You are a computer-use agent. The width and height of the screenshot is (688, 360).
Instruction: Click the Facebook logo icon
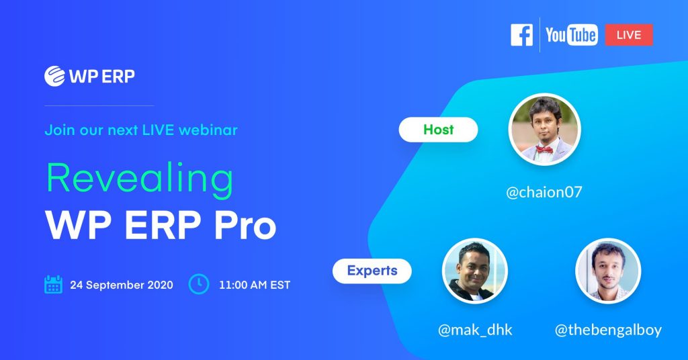(x=521, y=35)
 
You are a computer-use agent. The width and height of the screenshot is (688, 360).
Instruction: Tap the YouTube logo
(x=571, y=35)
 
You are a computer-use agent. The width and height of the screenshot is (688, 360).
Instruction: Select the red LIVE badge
(x=629, y=35)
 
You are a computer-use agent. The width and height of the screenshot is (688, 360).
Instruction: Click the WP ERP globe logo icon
(x=55, y=76)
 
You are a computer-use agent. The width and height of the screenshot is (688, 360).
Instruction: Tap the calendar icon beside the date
(x=54, y=285)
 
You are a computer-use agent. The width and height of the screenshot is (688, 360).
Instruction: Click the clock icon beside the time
(x=199, y=284)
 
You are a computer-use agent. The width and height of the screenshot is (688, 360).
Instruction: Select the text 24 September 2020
(x=122, y=285)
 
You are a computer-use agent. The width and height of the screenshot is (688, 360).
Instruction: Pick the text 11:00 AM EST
(x=255, y=285)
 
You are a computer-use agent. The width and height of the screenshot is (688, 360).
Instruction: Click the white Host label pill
(x=438, y=130)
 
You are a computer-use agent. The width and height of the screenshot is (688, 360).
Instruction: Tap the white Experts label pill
(x=372, y=271)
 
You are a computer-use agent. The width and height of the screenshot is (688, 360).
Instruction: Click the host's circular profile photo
(x=544, y=130)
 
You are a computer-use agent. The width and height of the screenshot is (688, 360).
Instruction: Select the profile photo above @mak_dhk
(x=475, y=271)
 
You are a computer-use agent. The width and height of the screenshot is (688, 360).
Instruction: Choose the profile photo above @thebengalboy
(x=608, y=271)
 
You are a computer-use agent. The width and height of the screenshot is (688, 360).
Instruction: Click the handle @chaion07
(x=544, y=192)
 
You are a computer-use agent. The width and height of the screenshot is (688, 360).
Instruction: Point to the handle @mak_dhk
(x=475, y=330)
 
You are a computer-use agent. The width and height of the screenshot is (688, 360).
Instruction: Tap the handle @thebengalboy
(x=608, y=330)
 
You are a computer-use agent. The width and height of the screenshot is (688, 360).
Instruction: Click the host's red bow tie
(x=544, y=150)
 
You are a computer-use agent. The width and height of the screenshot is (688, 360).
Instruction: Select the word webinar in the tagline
(x=208, y=130)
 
